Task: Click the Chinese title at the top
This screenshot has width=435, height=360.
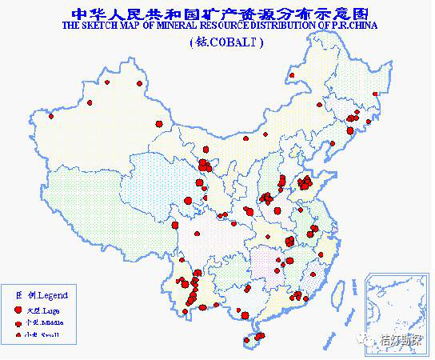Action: tap(217, 13)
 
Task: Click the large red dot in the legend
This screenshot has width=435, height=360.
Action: tap(17, 309)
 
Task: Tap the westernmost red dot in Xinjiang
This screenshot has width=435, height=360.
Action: tap(51, 117)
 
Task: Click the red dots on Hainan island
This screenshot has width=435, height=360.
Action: tap(254, 338)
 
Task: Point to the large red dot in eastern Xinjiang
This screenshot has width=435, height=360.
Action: tap(158, 123)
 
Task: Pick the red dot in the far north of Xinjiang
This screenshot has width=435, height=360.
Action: tap(141, 83)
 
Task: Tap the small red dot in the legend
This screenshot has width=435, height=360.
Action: tap(17, 334)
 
